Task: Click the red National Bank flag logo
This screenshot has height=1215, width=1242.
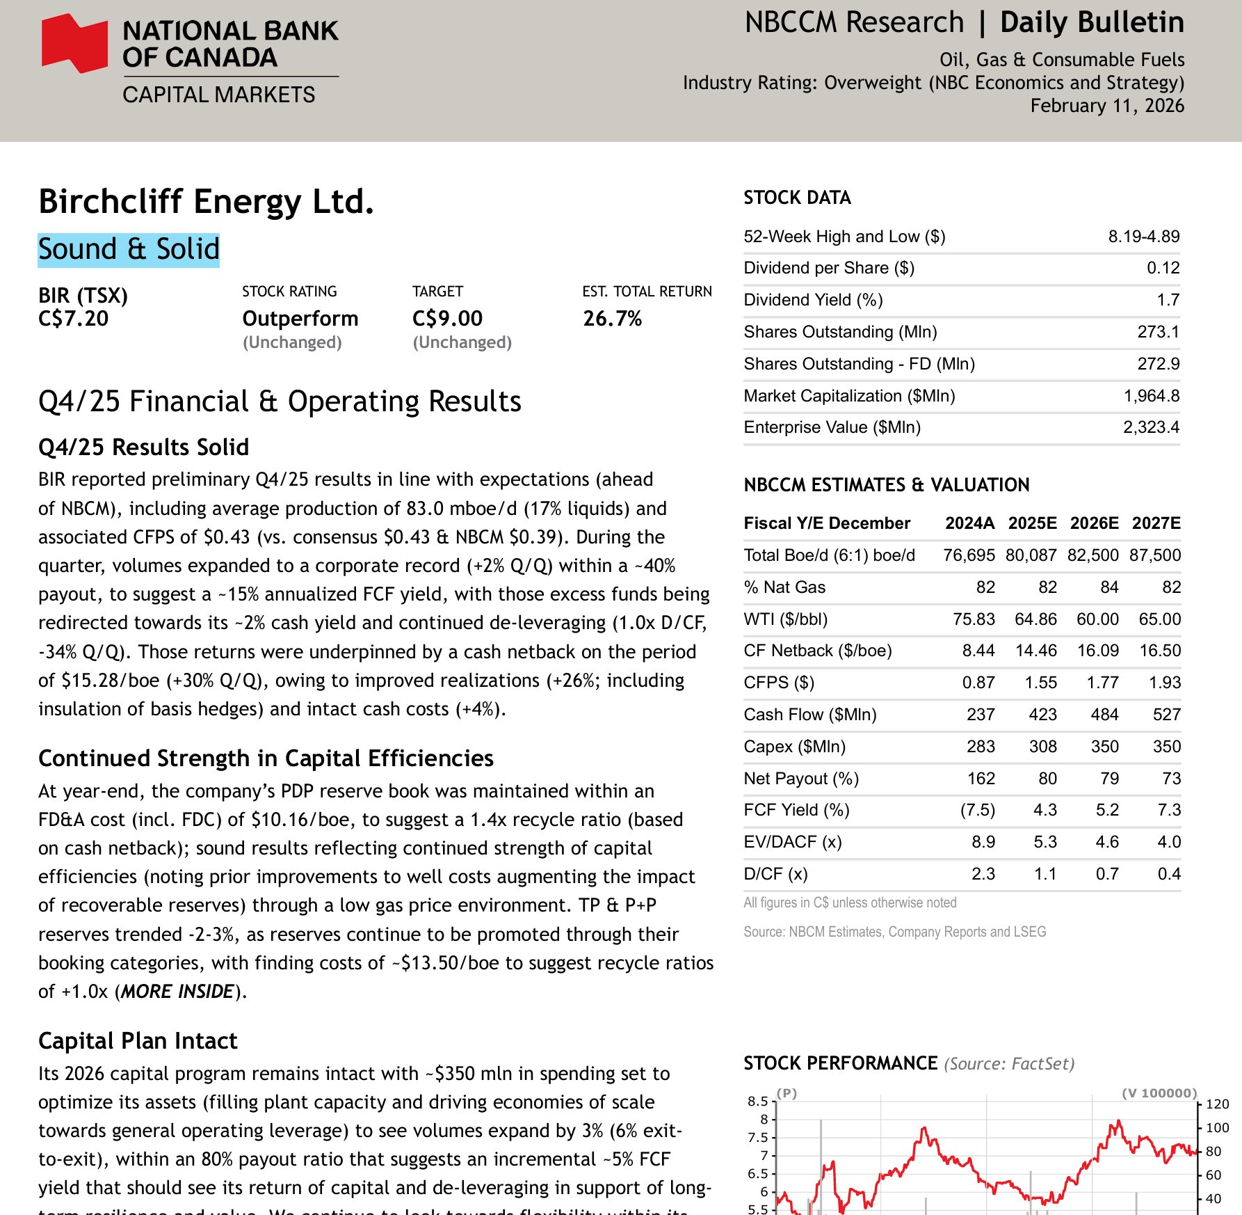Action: (x=74, y=43)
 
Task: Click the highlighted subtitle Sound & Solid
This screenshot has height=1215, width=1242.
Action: (x=129, y=250)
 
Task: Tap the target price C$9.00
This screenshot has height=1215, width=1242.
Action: (x=447, y=319)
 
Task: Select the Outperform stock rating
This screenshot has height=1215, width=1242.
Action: (x=300, y=319)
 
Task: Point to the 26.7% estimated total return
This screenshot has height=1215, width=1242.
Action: (x=612, y=319)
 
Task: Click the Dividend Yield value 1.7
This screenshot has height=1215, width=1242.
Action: (x=1168, y=300)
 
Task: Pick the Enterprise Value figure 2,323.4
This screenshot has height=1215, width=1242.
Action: (x=1151, y=427)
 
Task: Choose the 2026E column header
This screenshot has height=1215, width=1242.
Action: (x=1094, y=523)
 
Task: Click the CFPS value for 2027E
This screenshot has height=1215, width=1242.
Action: (x=1165, y=683)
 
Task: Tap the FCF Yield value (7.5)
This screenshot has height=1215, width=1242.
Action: (x=977, y=810)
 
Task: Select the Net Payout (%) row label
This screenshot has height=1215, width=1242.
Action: (x=801, y=779)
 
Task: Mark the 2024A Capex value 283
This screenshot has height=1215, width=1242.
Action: (x=981, y=747)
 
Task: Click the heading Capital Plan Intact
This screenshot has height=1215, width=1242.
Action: (x=138, y=1041)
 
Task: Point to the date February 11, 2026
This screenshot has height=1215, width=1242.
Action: (x=1107, y=106)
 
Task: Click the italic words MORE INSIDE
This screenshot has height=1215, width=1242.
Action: (x=177, y=992)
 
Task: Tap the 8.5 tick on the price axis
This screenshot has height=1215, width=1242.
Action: (x=757, y=1101)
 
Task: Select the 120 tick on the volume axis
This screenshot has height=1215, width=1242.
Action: (x=1217, y=1104)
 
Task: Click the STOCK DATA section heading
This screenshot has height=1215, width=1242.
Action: (x=797, y=198)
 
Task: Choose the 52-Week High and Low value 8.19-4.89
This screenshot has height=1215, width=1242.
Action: (x=1143, y=237)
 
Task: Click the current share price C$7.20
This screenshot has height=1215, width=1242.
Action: (x=74, y=319)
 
